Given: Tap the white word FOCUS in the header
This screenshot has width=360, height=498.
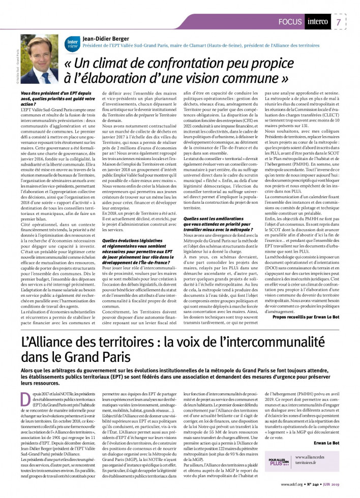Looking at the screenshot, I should (x=291, y=22).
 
